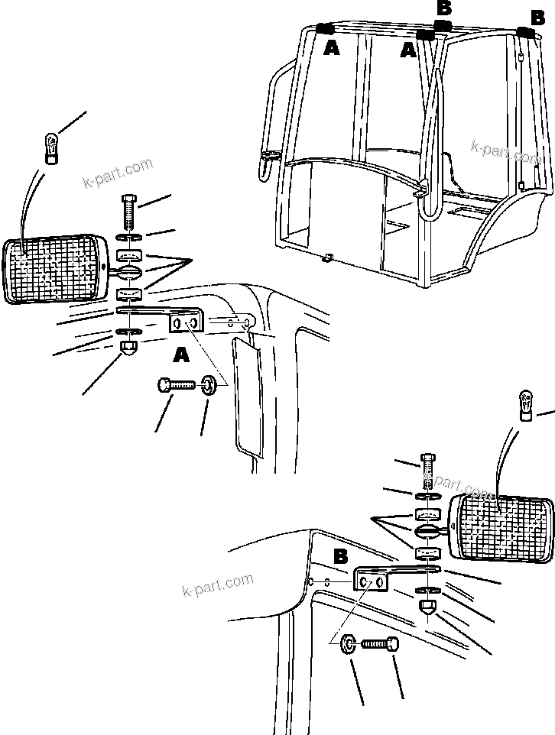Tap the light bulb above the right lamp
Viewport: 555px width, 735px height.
(x=526, y=404)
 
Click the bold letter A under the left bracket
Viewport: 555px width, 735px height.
(x=181, y=355)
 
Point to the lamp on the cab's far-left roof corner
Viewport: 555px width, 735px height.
(x=324, y=29)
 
